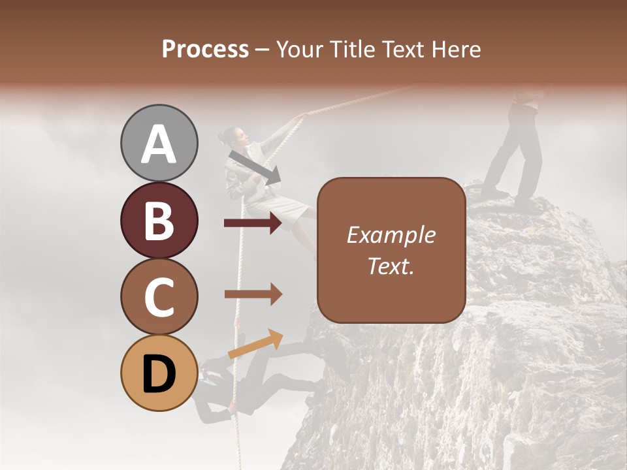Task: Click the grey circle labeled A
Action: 159,143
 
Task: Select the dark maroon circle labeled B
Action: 159,220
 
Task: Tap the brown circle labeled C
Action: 159,296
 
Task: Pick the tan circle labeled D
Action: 159,373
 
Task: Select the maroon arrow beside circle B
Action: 253,224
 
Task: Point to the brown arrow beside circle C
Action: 253,294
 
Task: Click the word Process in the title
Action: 205,49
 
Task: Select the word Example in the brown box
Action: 391,235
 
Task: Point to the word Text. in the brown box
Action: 391,266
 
